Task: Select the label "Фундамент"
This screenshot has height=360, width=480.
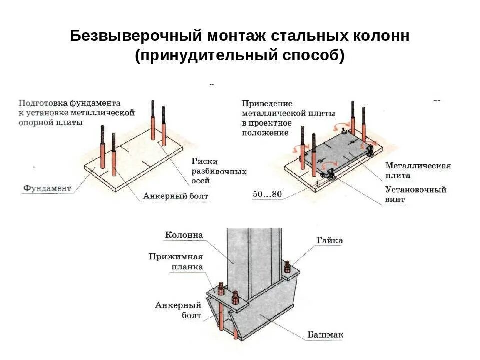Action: coord(47,188)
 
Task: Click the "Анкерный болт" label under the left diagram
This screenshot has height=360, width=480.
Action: coord(175,196)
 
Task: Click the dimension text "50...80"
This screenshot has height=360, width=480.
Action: coord(267,194)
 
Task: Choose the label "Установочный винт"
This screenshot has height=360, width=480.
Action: coord(415,195)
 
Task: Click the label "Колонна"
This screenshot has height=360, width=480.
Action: coord(184,235)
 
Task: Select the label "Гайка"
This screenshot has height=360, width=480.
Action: coord(329,241)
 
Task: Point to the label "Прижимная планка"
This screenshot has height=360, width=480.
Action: coord(175,262)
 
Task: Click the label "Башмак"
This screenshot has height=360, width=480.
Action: coord(325,334)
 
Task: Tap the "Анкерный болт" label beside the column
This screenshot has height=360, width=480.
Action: coord(178,310)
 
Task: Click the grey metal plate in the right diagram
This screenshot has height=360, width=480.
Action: coord(335,150)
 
